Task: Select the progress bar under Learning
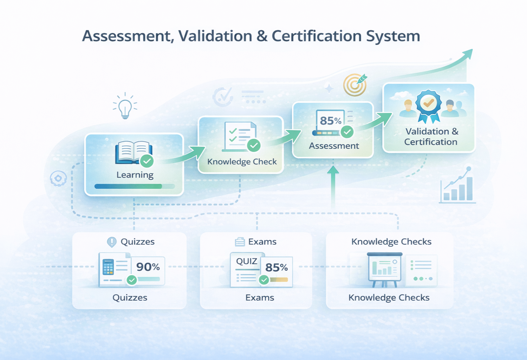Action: coord(135,186)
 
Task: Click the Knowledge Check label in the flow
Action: coord(242,162)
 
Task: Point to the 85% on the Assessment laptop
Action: coord(330,121)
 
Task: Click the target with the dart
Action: coord(355,85)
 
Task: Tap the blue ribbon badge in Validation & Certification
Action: coord(428,104)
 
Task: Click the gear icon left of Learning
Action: coord(58,179)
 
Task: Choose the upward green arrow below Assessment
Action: coord(333,186)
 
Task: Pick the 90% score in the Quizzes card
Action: coord(148,267)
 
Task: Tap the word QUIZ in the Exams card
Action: coord(247,261)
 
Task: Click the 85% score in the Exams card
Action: coord(276,268)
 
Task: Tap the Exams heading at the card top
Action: coord(262,242)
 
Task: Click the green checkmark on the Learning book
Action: coord(147,161)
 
